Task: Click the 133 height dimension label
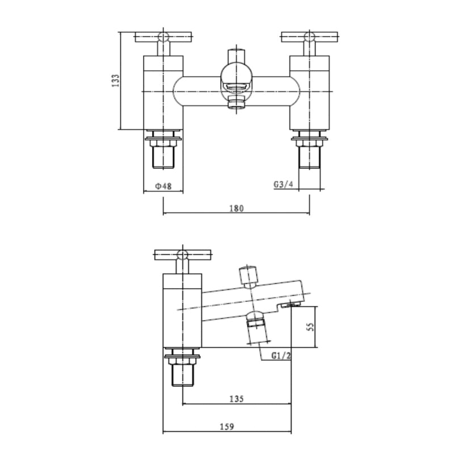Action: coord(115,81)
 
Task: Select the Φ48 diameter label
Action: coord(163,186)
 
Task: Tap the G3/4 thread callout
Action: coord(284,185)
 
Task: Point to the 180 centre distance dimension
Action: coord(237,208)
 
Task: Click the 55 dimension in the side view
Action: coord(310,327)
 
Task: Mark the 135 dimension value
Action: coord(237,399)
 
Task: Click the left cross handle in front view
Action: coord(163,38)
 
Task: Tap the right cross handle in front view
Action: coord(309,38)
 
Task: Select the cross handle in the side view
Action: coord(182,255)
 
